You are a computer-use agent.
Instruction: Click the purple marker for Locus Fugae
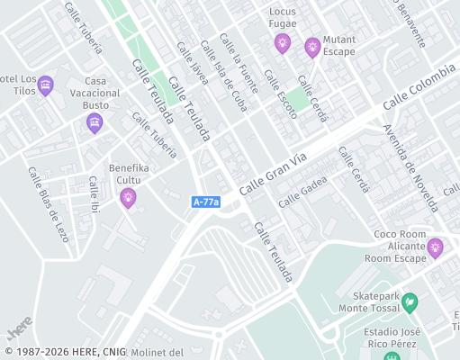[283, 42]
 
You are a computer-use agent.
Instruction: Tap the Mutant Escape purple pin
[312, 47]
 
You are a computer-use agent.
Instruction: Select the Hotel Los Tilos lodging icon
[46, 86]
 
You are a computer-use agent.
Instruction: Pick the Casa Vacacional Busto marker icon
[95, 123]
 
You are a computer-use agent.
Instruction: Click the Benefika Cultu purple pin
[129, 197]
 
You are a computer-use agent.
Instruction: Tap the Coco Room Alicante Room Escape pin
[436, 247]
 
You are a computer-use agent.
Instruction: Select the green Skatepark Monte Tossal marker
[410, 301]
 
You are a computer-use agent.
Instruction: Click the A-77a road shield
[206, 202]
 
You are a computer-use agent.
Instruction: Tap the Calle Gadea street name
[302, 192]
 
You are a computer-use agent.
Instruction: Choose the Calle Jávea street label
[193, 63]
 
